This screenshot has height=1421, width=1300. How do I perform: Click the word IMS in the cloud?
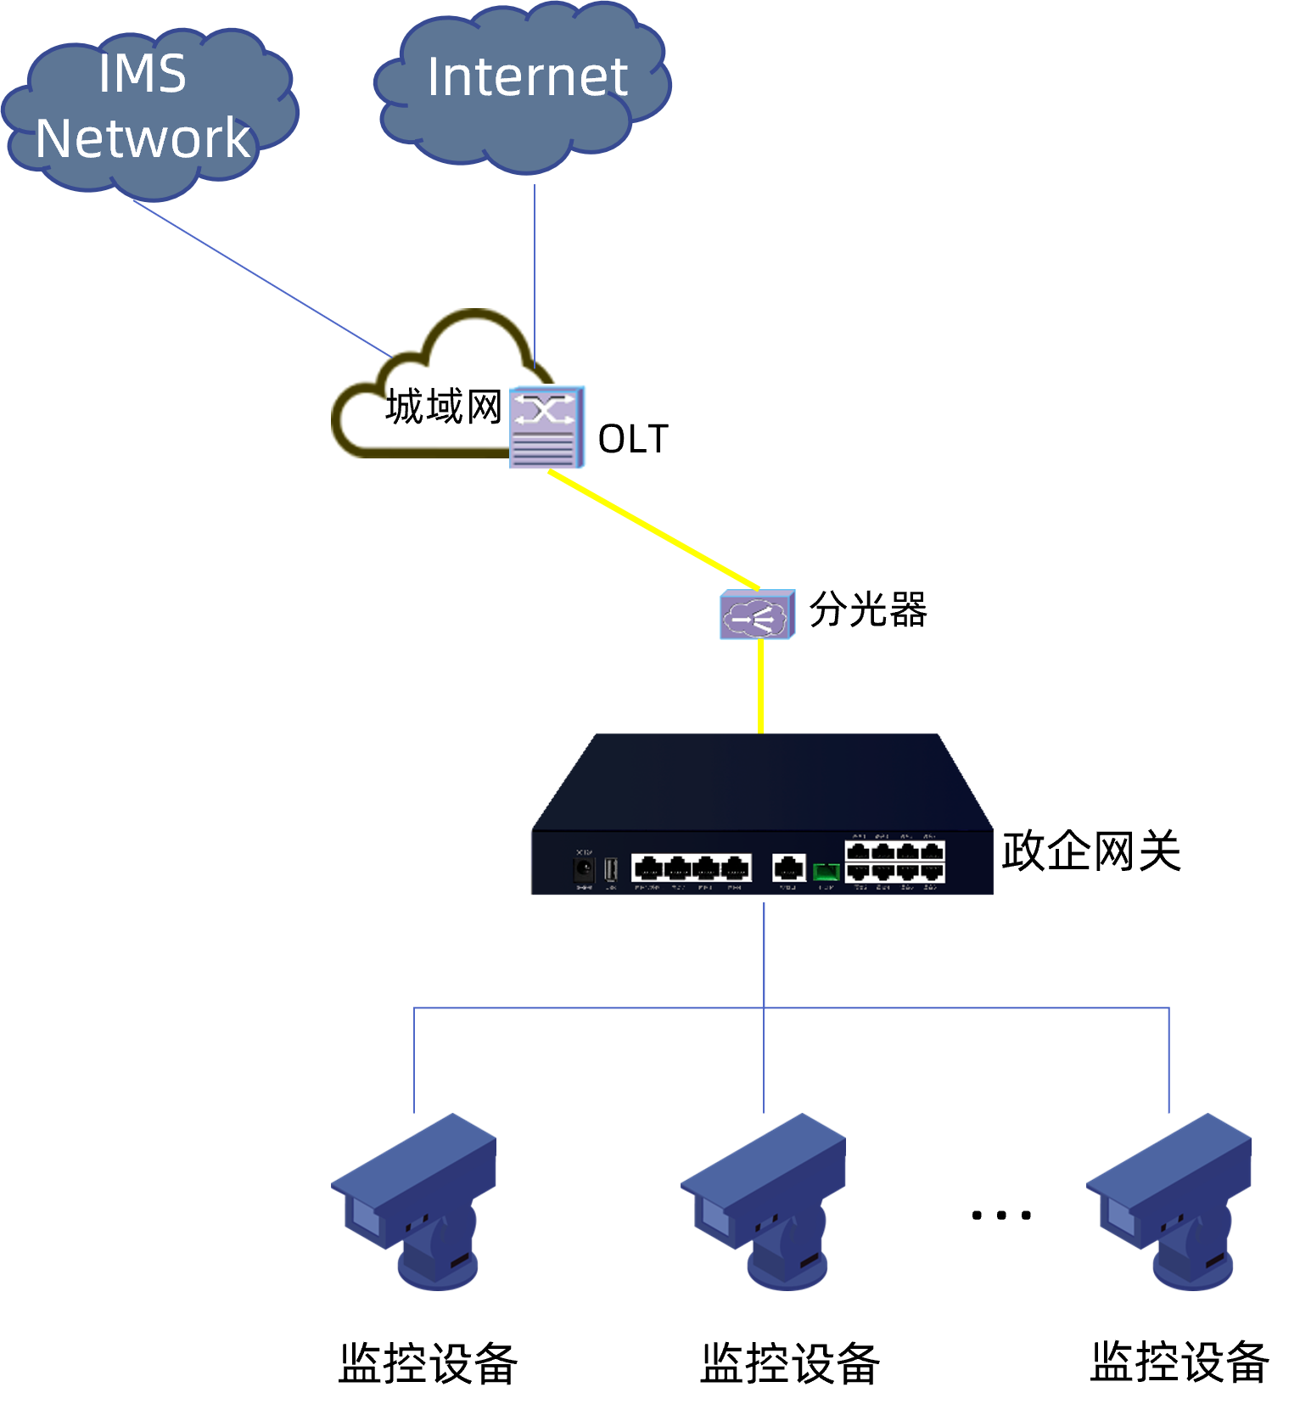(143, 74)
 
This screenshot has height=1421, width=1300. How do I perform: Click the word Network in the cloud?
(143, 138)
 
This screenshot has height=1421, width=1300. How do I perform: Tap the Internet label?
(527, 77)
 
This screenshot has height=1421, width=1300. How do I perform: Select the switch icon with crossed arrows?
(547, 427)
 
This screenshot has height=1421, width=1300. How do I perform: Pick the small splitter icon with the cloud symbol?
(758, 615)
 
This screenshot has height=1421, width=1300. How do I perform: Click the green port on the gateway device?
(826, 871)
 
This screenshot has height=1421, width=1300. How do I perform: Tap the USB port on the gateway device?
(611, 869)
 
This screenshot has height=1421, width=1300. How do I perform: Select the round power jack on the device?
(584, 869)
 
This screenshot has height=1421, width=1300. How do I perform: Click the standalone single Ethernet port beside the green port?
(788, 868)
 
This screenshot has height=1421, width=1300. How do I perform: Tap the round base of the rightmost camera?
(1192, 1273)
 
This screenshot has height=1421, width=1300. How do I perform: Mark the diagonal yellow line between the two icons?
(653, 531)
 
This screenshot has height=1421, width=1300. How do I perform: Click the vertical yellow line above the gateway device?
(760, 688)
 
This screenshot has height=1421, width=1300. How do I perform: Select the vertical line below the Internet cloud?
(535, 263)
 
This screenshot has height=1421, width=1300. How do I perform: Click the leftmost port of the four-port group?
(647, 868)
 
